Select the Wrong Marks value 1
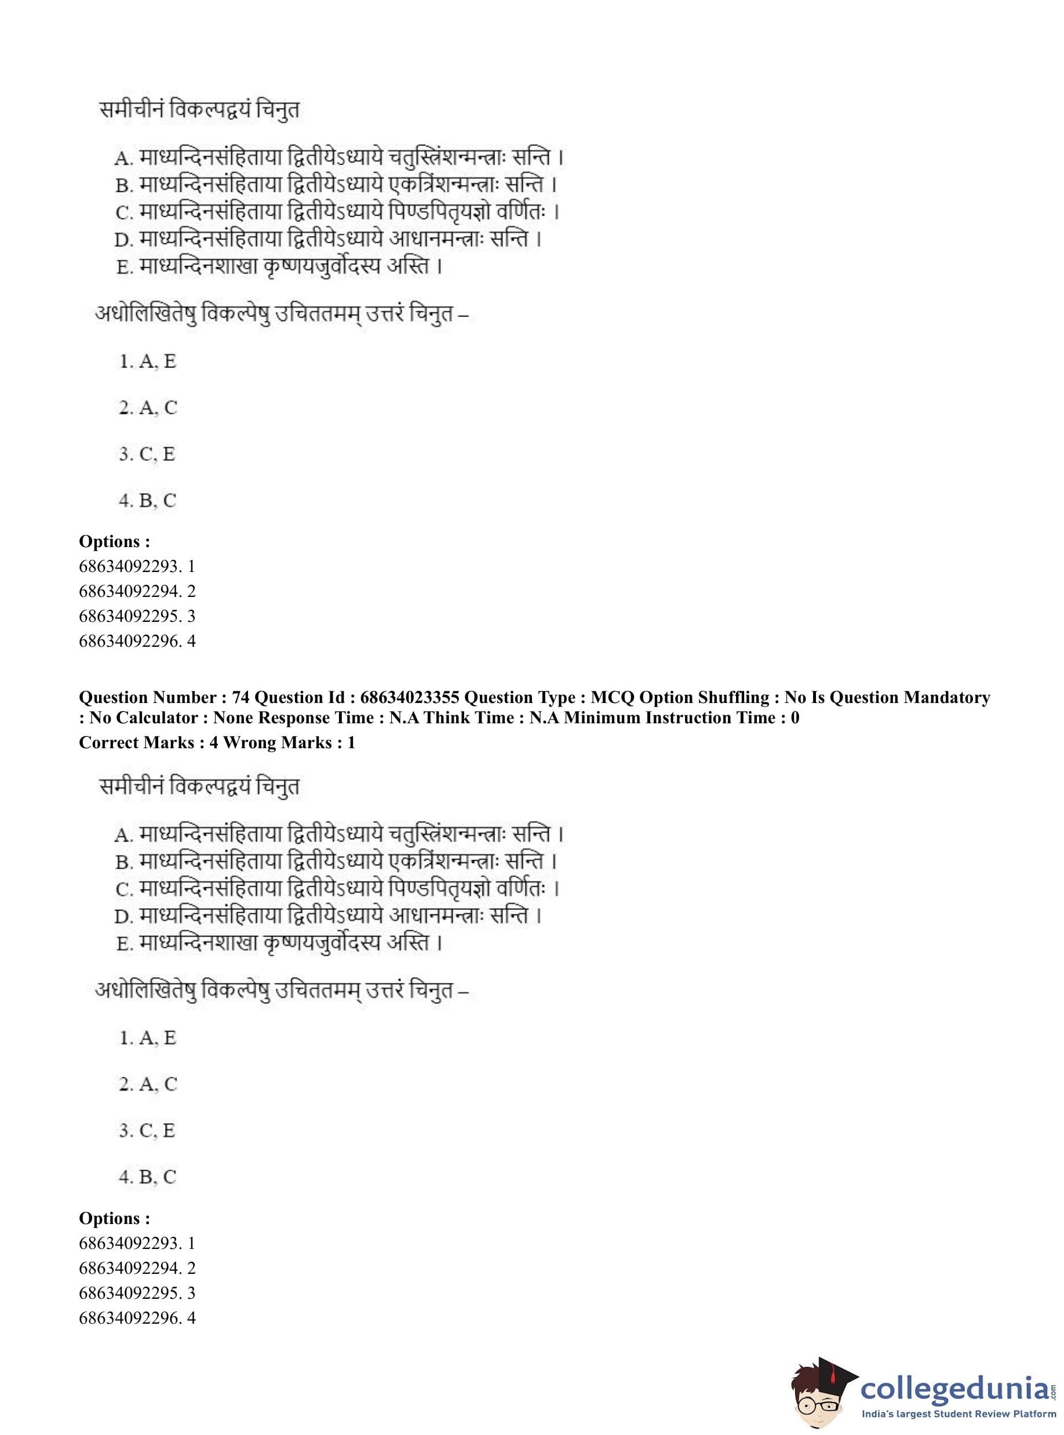(x=351, y=742)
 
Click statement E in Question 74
(x=279, y=943)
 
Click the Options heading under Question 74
(x=114, y=1219)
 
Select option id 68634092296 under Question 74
(x=137, y=1318)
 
